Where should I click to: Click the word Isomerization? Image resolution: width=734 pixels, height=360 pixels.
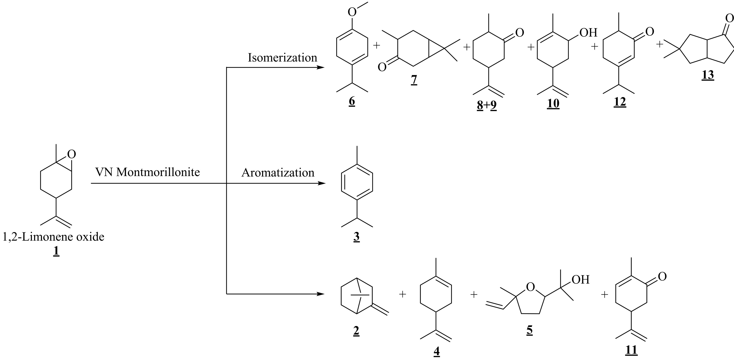[282, 58]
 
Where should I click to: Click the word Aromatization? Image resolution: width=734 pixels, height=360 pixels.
[278, 173]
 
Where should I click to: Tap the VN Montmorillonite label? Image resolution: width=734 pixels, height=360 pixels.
[147, 172]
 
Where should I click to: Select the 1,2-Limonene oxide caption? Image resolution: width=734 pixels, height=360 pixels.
[53, 237]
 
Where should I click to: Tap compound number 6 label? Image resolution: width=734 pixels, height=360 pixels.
[352, 102]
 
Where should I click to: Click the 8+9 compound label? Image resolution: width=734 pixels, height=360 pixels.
[487, 106]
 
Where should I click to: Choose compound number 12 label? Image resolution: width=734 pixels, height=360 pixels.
[620, 102]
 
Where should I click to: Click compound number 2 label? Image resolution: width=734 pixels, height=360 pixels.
[356, 331]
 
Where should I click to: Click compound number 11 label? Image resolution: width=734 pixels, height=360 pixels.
[631, 350]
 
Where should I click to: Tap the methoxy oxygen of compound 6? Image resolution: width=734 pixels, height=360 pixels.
[352, 12]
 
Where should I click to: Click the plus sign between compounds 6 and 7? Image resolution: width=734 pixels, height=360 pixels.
[377, 45]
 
